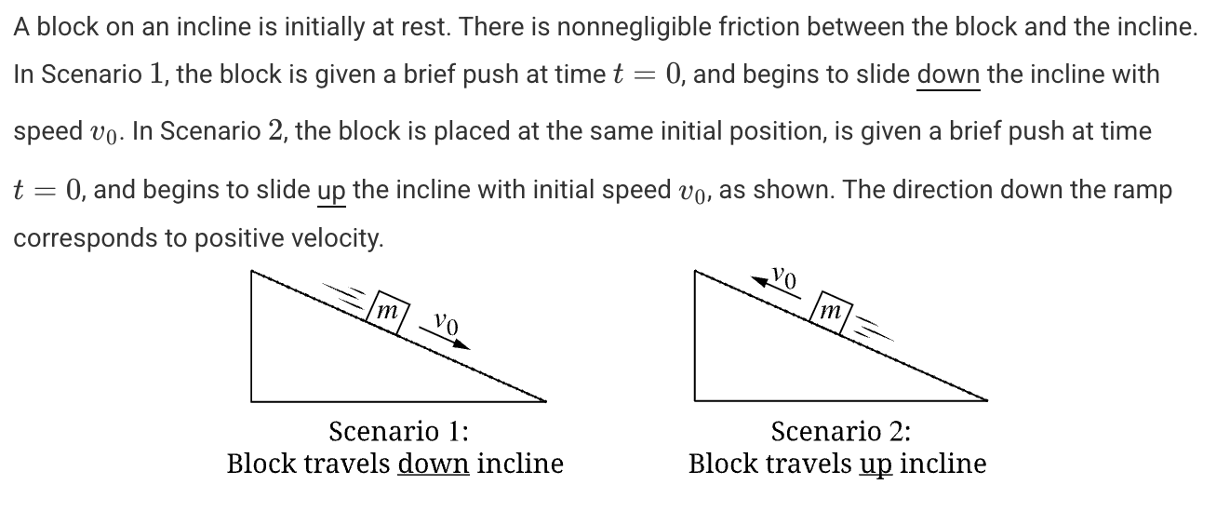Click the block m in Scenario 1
click(388, 312)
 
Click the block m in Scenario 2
click(832, 312)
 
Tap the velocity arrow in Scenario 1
click(444, 338)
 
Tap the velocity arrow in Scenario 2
click(775, 288)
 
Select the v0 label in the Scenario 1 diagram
click(446, 323)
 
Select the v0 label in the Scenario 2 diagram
click(783, 276)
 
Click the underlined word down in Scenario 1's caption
click(434, 464)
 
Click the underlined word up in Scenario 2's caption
click(876, 465)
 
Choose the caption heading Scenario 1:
click(398, 431)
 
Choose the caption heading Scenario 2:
click(841, 431)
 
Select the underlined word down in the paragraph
click(948, 74)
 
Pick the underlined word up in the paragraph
click(331, 191)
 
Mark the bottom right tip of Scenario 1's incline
click(546, 401)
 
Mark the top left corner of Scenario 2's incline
click(695, 270)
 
